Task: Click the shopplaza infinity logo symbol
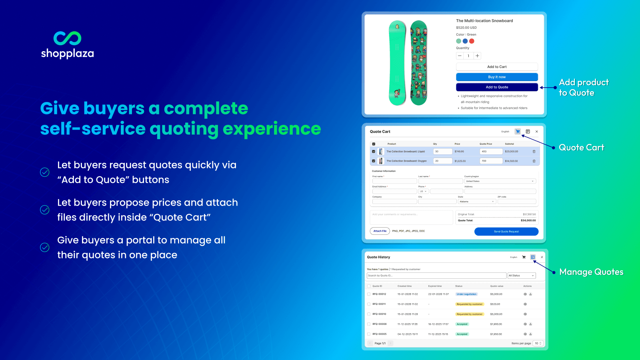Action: tap(67, 38)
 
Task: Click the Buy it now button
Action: tap(497, 77)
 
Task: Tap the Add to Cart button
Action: tap(497, 67)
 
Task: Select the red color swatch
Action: tap(472, 41)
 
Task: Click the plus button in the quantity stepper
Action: tap(477, 56)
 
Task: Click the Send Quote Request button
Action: tap(506, 232)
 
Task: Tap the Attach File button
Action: tap(380, 231)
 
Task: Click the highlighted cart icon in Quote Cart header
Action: tap(518, 132)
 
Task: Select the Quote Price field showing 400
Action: tap(491, 152)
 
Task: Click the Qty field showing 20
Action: tap(442, 161)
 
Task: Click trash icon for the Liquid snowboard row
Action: tap(534, 152)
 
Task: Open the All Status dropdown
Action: tap(521, 276)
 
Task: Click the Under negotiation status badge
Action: tap(466, 294)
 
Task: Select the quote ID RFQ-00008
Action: tap(379, 324)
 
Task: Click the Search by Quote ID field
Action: tap(436, 276)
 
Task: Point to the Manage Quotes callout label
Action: tap(591, 272)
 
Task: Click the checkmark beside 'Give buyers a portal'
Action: tap(45, 248)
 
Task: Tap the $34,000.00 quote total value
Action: tap(528, 220)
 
